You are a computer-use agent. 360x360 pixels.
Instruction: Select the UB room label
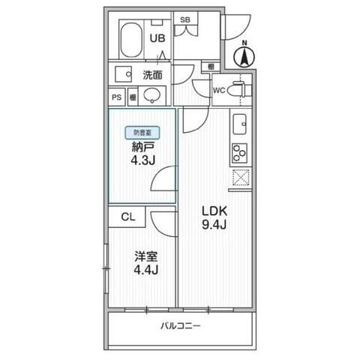click(157, 38)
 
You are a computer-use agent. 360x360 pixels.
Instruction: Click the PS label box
click(116, 97)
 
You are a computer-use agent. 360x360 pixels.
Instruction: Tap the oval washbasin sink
click(152, 96)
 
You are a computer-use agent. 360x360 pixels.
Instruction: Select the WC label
click(219, 91)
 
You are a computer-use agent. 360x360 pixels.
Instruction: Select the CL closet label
click(128, 217)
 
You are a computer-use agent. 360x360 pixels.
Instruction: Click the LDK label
click(214, 211)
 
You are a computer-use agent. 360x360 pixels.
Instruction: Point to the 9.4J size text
click(214, 226)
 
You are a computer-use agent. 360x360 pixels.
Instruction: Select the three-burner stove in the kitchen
click(241, 152)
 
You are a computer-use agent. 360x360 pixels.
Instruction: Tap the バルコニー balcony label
click(181, 326)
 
